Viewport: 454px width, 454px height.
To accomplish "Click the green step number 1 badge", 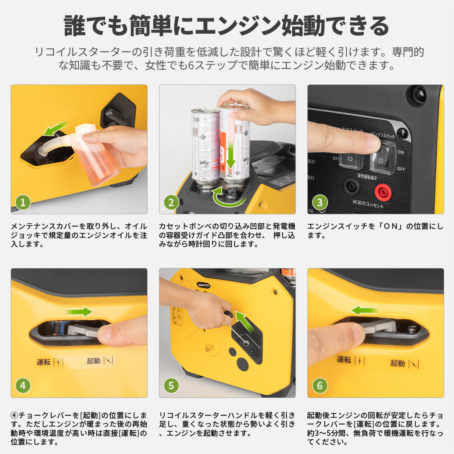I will coord(23,202).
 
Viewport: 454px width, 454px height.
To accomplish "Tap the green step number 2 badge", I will coord(171,202).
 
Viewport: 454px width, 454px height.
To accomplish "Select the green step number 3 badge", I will coord(320,202).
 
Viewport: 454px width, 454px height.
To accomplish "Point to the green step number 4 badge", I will coord(23,386).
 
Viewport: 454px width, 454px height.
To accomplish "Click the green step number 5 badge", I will coord(171,386).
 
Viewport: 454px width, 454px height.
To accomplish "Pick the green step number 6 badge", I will coord(320,386).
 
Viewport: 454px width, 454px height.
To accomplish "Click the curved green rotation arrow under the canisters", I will coord(227,197).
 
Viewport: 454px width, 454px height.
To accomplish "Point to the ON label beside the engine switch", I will coord(401,152).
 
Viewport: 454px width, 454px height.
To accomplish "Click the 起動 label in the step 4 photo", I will coord(93,361).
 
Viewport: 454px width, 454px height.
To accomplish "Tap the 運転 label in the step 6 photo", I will coord(344,359).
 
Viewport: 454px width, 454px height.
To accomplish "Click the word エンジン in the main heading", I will coord(239,26).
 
